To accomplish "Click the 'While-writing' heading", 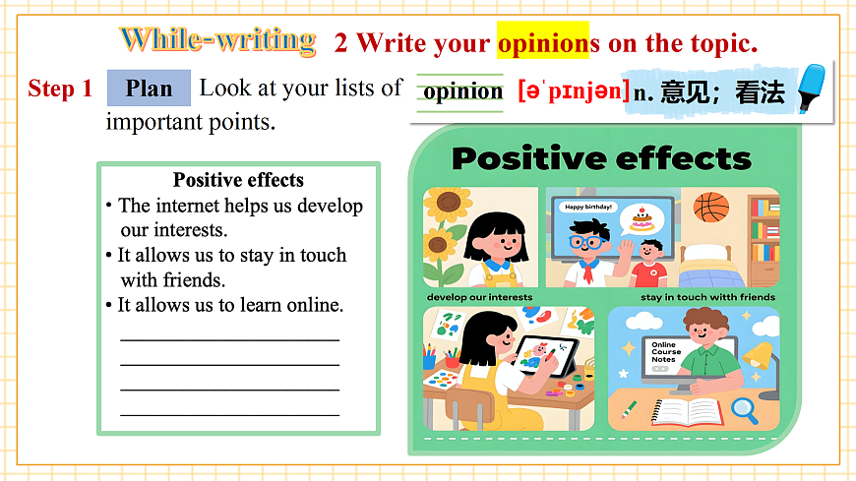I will point(217,40).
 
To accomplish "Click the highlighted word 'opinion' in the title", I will point(539,43).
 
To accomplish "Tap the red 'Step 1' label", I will point(60,89).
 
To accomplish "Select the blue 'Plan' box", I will point(149,89).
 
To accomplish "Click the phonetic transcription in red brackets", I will point(574,91).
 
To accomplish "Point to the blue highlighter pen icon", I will point(811,89).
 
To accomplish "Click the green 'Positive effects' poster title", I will point(600,157).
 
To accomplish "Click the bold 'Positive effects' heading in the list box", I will point(238,180).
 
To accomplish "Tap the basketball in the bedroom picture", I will point(711,207).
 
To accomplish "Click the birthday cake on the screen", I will point(642,218).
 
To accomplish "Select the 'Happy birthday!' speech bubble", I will point(587,207).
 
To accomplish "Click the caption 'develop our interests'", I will point(479,297).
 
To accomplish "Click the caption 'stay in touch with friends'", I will point(707,297).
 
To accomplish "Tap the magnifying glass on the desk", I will point(744,406).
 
